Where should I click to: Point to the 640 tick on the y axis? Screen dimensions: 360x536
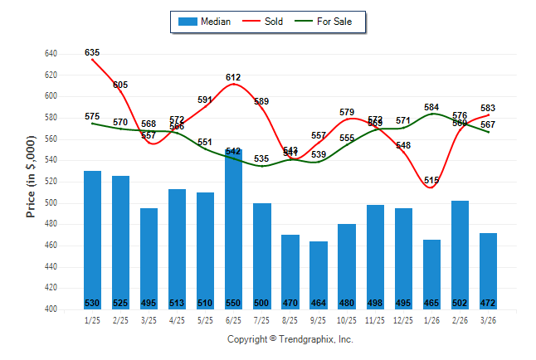click(50, 53)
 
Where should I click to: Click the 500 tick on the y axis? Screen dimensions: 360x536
click(50, 203)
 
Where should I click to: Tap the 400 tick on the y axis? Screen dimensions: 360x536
click(50, 309)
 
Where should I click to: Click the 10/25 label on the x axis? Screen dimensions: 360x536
click(346, 320)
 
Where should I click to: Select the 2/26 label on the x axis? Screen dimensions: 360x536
click(460, 320)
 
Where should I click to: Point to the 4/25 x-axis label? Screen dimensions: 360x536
click(177, 320)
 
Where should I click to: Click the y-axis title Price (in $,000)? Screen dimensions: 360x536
click(31, 179)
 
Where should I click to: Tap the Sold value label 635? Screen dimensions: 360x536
click(92, 52)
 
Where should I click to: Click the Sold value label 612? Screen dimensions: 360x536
click(233, 77)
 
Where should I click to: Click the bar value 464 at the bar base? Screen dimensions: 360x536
click(319, 303)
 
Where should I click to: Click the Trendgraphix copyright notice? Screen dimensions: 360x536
click(290, 339)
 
